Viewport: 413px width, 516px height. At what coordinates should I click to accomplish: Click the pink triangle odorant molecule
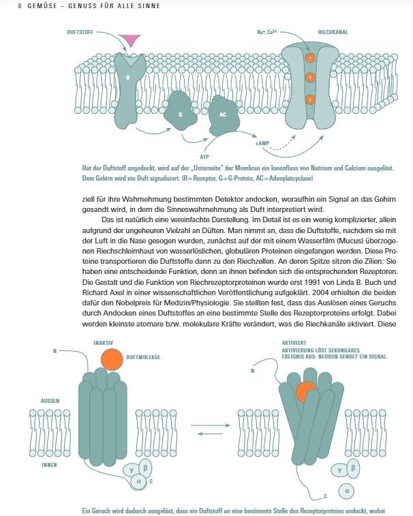(x=129, y=40)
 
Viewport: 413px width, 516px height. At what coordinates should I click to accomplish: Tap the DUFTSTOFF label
(x=80, y=32)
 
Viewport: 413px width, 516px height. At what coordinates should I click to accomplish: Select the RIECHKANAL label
(x=333, y=32)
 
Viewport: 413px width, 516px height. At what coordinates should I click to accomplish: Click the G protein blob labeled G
(x=181, y=111)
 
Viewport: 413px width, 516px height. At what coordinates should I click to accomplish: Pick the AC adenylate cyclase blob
(x=224, y=115)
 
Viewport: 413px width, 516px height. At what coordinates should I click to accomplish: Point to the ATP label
(x=204, y=157)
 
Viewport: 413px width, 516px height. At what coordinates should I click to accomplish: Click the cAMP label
(x=262, y=143)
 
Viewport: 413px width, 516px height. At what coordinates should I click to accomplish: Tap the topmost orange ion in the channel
(x=310, y=58)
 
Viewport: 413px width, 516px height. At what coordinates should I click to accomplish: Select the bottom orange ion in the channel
(x=310, y=100)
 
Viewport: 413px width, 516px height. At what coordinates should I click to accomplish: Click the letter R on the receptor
(x=128, y=78)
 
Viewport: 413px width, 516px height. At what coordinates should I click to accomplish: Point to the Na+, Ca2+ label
(x=267, y=32)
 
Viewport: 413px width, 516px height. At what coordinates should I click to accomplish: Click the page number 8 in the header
(x=20, y=6)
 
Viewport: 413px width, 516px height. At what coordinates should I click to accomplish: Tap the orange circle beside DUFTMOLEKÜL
(x=112, y=360)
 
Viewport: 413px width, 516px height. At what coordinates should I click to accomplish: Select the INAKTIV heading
(x=103, y=343)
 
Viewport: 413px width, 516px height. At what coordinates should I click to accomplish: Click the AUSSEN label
(x=50, y=401)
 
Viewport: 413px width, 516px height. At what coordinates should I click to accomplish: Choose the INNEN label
(x=49, y=465)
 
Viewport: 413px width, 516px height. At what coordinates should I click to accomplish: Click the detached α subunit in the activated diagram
(x=346, y=491)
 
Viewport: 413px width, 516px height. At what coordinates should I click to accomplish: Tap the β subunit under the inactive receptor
(x=145, y=468)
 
